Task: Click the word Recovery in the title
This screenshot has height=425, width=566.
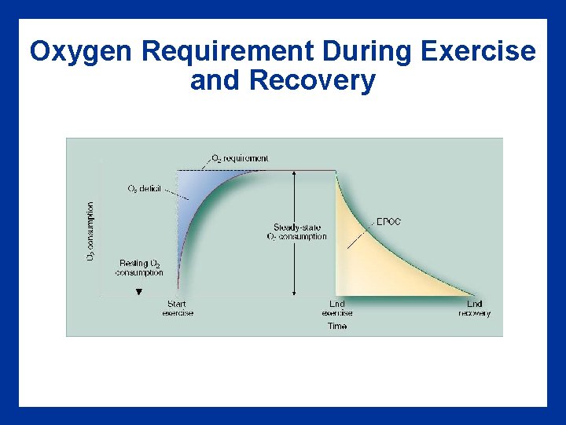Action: click(322, 80)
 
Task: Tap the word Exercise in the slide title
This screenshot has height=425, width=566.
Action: click(478, 53)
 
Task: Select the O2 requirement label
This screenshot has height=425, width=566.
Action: click(239, 158)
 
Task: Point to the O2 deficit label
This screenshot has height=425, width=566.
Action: click(144, 189)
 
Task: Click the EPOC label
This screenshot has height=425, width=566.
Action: click(388, 222)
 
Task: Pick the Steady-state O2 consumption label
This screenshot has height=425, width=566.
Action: click(300, 232)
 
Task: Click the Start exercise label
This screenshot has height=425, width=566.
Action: click(178, 309)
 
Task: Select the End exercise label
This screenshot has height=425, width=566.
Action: click(336, 309)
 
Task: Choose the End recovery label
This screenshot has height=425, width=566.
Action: click(474, 309)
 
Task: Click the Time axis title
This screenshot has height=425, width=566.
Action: click(336, 326)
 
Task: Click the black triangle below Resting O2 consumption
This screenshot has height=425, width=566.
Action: click(139, 292)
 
